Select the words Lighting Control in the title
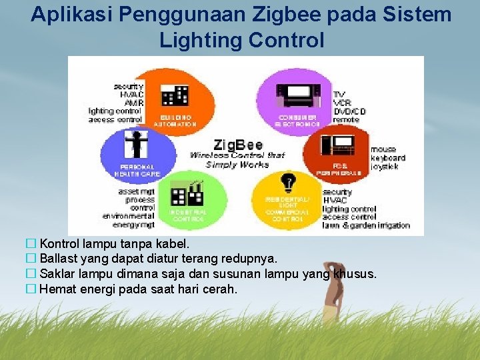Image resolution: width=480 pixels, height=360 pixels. [x=241, y=40]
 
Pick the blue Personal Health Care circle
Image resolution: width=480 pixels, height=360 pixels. [x=138, y=154]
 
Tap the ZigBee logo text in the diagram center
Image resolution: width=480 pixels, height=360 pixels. [x=237, y=145]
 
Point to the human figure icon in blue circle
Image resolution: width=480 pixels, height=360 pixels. [x=138, y=143]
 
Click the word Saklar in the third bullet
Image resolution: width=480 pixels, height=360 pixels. [x=57, y=274]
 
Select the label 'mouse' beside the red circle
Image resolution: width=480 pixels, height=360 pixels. [x=383, y=149]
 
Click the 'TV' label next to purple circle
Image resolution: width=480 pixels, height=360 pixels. [x=339, y=95]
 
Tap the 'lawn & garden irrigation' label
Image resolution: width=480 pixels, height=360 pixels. [x=366, y=225]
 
